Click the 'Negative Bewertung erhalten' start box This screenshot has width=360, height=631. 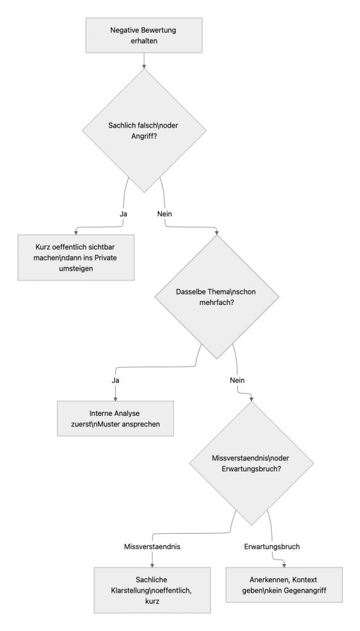click(143, 36)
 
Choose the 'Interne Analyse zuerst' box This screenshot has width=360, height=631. click(115, 419)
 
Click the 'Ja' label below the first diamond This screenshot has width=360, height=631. click(123, 213)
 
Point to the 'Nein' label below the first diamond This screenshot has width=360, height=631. click(165, 213)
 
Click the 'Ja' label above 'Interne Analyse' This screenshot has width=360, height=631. click(115, 380)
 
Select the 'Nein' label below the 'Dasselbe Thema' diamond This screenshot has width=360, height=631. click(237, 380)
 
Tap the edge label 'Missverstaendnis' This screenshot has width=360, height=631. click(152, 546)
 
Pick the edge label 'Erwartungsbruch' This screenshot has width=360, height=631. click(271, 546)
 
